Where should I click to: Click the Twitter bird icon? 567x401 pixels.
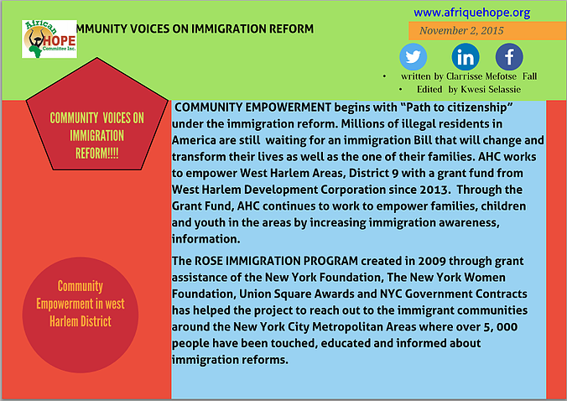[x=413, y=57]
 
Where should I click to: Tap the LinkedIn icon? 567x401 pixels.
[x=466, y=57]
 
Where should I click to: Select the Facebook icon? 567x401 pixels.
[x=509, y=57]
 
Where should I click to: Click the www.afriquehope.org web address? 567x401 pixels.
[x=472, y=13]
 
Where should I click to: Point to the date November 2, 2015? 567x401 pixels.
[x=461, y=30]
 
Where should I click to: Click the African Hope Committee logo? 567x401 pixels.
[x=49, y=39]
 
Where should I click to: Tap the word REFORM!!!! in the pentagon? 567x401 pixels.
[x=97, y=154]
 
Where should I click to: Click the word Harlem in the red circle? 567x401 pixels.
[x=63, y=321]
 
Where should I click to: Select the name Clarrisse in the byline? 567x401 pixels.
[x=465, y=76]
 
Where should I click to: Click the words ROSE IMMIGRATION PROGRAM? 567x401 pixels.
[x=276, y=261]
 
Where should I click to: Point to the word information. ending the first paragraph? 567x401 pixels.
[x=205, y=239]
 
